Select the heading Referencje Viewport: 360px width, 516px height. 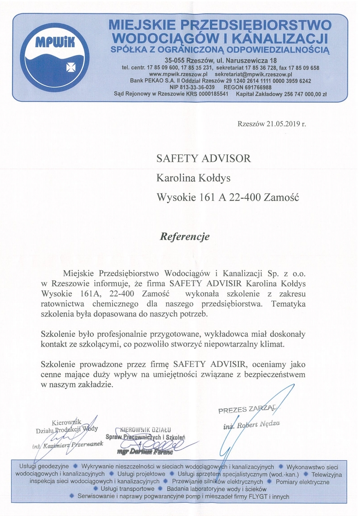coord(184,236)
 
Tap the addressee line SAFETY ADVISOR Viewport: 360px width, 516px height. coord(204,158)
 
